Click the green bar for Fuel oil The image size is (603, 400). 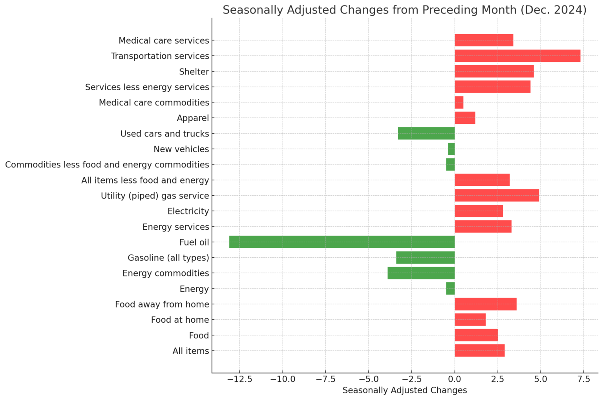342,242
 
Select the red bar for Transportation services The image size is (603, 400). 517,56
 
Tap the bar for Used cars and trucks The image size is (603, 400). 426,133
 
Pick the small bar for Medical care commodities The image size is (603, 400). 459,102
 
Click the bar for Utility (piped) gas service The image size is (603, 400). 497,195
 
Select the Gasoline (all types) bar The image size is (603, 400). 425,258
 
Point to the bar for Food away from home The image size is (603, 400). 485,304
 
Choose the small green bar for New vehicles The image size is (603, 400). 451,149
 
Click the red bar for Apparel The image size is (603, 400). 465,118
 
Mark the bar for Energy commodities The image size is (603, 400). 421,273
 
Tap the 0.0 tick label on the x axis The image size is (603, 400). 455,379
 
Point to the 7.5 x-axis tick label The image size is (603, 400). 583,379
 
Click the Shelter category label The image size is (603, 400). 194,72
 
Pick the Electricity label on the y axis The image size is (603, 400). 188,211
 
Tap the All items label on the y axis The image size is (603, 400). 190,351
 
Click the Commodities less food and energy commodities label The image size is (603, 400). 107,165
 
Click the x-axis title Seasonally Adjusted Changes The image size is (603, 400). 404,390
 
